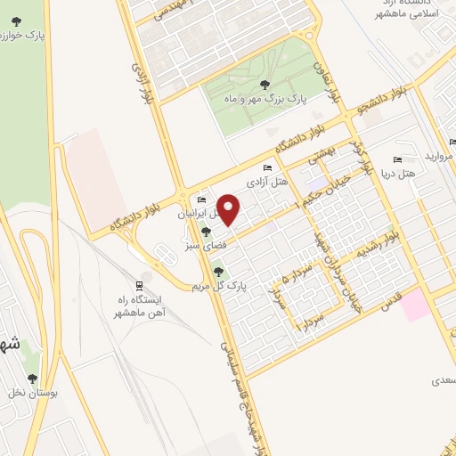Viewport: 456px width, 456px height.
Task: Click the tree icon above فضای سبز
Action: pos(207,232)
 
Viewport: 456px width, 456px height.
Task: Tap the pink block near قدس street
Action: pos(413,306)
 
